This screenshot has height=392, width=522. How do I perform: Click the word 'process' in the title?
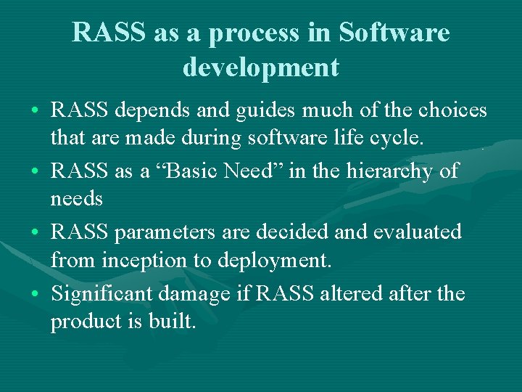click(253, 33)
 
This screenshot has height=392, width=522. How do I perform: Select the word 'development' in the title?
click(261, 67)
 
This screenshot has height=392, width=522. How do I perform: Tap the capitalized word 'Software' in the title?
click(394, 33)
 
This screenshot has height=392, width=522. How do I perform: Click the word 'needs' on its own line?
click(77, 198)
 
